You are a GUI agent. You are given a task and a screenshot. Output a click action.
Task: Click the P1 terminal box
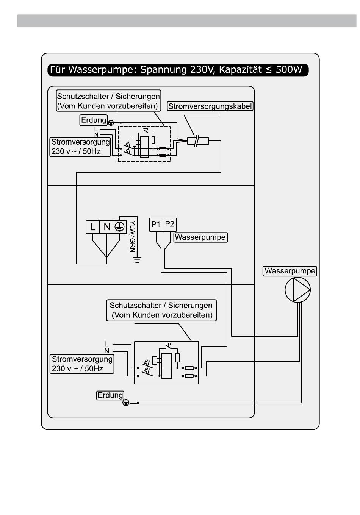pyautogui.click(x=156, y=225)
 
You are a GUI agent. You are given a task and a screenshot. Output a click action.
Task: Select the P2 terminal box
pyautogui.click(x=169, y=225)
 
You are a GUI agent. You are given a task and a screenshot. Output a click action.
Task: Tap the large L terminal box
pyautogui.click(x=92, y=227)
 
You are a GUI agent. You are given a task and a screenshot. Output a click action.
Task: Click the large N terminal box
pyautogui.click(x=106, y=227)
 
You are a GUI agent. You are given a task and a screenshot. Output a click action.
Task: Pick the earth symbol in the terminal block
pyautogui.click(x=120, y=227)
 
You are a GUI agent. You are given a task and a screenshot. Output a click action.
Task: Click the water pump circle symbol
pyautogui.click(x=297, y=290)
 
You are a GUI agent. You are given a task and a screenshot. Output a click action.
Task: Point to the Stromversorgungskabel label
pyautogui.click(x=210, y=106)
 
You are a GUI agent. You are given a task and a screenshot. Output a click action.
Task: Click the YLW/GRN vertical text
pyautogui.click(x=133, y=236)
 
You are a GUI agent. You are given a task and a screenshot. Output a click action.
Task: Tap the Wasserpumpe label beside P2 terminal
pyautogui.click(x=200, y=237)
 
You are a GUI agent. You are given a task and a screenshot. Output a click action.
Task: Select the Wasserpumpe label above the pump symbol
pyautogui.click(x=290, y=271)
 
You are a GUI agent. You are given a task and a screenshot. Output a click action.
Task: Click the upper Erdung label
pyautogui.click(x=94, y=120)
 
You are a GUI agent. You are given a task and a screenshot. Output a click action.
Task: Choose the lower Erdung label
pyautogui.click(x=110, y=395)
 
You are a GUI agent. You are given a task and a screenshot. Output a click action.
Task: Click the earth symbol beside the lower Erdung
pyautogui.click(x=126, y=403)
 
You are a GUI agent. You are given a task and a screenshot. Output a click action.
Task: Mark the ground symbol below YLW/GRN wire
pyautogui.click(x=137, y=260)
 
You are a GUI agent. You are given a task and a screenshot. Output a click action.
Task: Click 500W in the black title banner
pyautogui.click(x=289, y=69)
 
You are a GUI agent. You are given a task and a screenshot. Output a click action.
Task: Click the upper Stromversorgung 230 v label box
pyautogui.click(x=80, y=147)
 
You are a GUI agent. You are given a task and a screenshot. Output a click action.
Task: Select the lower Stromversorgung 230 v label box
pyautogui.click(x=82, y=364)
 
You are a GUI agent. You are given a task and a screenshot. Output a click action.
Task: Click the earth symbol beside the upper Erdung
pyautogui.click(x=111, y=123)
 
